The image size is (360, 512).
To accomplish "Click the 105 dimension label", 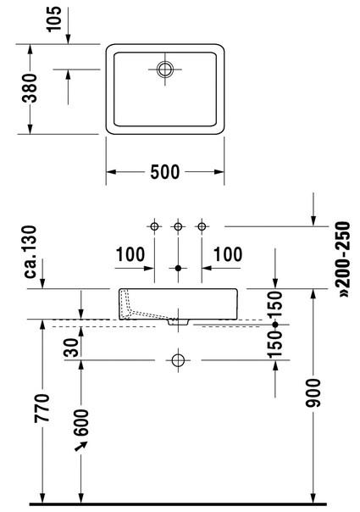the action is (x=54, y=19).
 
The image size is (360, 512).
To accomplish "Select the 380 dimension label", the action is (x=30, y=88).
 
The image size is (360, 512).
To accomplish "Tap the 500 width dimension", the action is (x=165, y=172).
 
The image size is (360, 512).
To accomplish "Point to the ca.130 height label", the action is (x=30, y=252).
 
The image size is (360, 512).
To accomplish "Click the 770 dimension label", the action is (x=42, y=408).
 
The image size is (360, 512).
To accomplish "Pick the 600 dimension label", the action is (x=81, y=422).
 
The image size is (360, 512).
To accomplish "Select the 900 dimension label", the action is (x=313, y=392).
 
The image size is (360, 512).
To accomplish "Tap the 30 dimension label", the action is (x=71, y=347).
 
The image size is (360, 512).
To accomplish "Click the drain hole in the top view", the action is (x=165, y=70).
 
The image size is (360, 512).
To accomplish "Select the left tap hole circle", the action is (x=154, y=226).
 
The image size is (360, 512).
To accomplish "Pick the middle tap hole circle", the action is (x=178, y=226).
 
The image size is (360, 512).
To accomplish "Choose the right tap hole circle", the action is (x=202, y=226).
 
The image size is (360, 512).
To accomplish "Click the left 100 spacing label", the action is (x=130, y=254).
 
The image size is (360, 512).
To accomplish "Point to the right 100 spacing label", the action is (x=228, y=254).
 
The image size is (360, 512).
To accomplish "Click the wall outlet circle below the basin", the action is (x=178, y=360).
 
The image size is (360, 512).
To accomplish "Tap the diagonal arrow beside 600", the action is (x=81, y=446).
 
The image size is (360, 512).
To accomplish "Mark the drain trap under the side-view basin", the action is (x=178, y=322).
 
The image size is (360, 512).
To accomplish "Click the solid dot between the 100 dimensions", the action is (x=178, y=268).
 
